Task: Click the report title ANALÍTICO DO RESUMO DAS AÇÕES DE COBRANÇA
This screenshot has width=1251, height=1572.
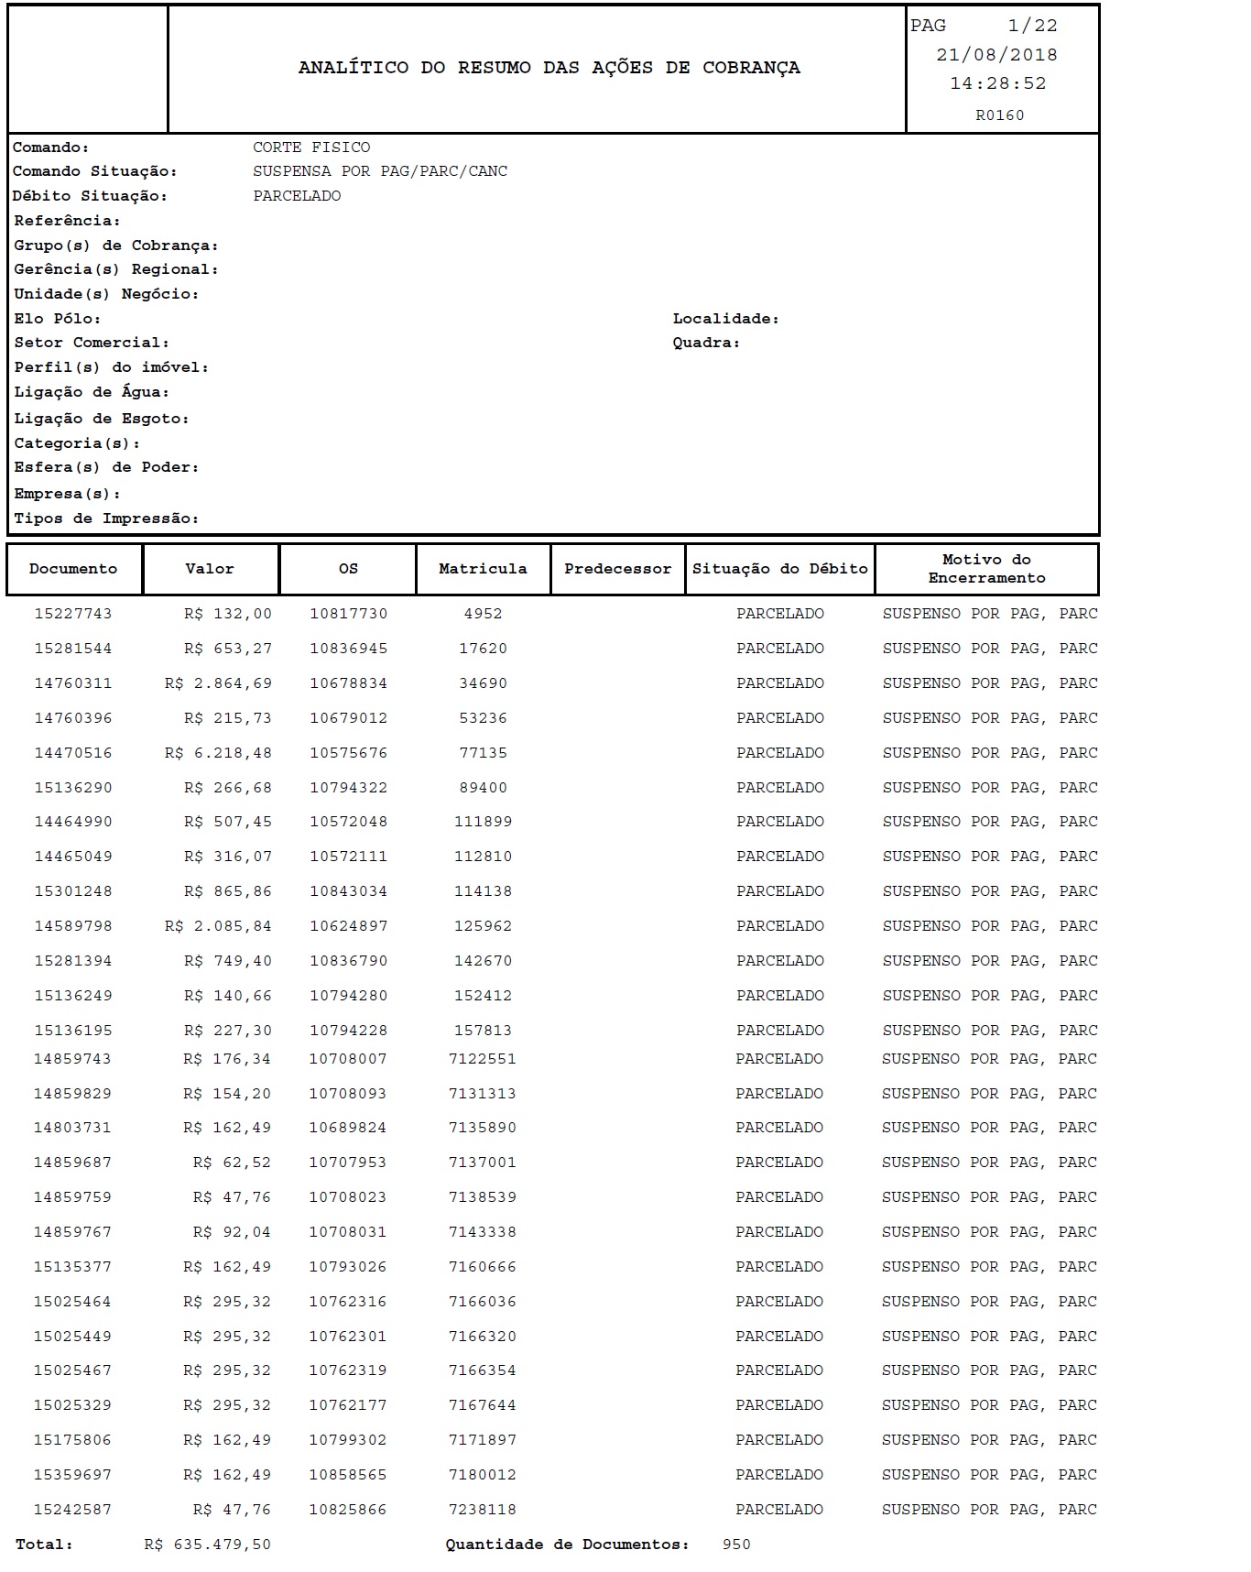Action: coord(549,68)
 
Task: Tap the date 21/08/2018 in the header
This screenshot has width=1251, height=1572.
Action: coord(996,55)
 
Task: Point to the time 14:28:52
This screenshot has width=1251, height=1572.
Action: coord(997,83)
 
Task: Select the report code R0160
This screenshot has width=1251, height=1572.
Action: coord(999,115)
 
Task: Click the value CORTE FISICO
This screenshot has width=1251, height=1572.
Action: coord(311,147)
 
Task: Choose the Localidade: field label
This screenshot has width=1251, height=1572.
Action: coord(725,319)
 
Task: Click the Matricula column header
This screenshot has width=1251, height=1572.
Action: coord(483,569)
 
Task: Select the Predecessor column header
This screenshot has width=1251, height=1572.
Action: coord(617,569)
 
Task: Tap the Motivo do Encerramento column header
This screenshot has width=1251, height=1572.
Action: coord(986,569)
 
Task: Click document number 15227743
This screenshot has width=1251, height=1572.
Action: coord(73,614)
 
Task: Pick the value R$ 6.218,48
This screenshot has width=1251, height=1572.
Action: coord(218,753)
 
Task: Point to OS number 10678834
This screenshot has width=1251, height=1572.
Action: coord(348,683)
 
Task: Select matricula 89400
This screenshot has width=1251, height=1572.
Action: coord(483,788)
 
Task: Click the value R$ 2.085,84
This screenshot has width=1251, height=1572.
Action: coord(218,926)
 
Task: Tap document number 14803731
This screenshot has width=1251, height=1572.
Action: coord(72,1128)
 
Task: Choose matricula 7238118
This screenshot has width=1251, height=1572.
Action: coord(482,1510)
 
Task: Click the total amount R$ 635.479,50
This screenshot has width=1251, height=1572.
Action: coord(207,1545)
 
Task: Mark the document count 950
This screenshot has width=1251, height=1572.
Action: coord(735,1545)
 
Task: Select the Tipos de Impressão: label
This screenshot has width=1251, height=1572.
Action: coord(106,519)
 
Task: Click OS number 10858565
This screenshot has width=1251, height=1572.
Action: coord(347,1475)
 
